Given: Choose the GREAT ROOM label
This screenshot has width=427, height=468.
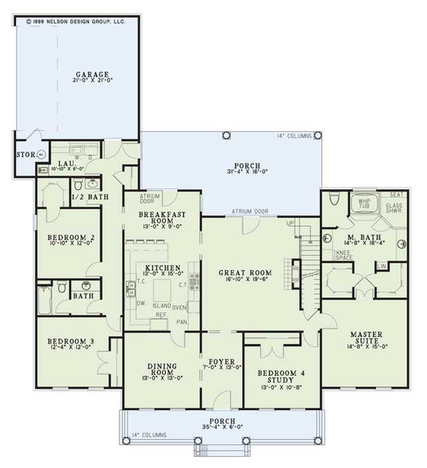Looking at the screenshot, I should tap(245, 273).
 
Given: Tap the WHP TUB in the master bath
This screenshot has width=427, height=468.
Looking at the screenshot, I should tap(365, 204).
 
